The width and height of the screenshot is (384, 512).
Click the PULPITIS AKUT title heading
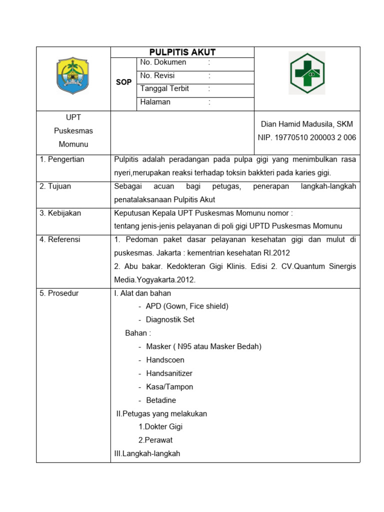tap(182, 52)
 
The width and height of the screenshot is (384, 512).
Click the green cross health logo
tap(307, 73)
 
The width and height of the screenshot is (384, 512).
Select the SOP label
tap(123, 82)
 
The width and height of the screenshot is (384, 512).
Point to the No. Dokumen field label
tap(163, 62)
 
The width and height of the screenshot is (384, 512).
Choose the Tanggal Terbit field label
tap(164, 89)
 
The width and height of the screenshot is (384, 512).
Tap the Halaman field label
tap(155, 102)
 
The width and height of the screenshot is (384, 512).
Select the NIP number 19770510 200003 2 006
tap(307, 137)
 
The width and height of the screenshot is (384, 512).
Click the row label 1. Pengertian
tap(62, 159)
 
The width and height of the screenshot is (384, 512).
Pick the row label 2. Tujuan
tap(55, 186)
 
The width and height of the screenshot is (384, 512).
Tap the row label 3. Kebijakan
tap(60, 213)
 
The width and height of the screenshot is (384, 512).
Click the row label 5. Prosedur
tap(59, 293)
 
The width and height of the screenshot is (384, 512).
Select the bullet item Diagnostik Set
tap(170, 319)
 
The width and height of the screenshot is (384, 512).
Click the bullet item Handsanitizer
tap(169, 373)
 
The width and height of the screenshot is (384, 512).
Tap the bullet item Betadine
tap(161, 400)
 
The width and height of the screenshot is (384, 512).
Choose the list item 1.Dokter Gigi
tap(160, 427)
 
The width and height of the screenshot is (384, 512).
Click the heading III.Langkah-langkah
tap(147, 454)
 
